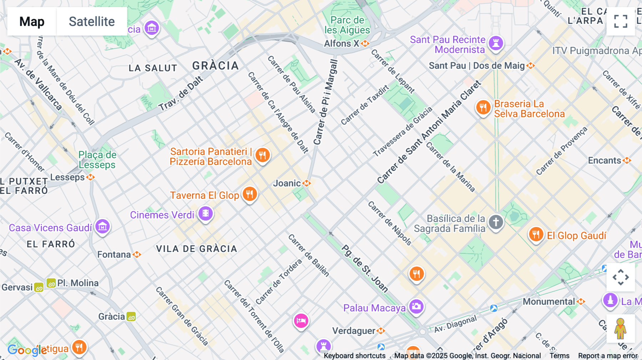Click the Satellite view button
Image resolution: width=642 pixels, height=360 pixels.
[x=92, y=21]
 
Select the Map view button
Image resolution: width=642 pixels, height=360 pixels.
[x=32, y=21]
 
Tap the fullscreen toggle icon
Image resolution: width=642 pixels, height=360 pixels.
[x=621, y=21]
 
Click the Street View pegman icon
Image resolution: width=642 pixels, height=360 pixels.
[x=620, y=329]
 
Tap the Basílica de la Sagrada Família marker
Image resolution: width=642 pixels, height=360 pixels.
[x=496, y=222]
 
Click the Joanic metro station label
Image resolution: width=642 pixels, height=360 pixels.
[x=287, y=183]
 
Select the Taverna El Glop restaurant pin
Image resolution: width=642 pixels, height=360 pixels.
[x=250, y=194]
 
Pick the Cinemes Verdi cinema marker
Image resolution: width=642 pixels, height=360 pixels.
[x=206, y=214]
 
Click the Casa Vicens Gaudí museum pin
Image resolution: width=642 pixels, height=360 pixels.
[x=103, y=226]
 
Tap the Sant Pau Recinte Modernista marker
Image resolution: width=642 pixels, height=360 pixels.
[x=496, y=43]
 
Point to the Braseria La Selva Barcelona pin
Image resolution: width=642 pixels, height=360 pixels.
[x=483, y=107]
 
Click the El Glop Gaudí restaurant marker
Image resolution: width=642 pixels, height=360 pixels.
[x=536, y=235]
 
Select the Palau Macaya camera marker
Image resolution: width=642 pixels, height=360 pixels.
[x=416, y=307]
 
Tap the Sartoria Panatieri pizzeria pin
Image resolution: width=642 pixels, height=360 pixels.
[x=263, y=155]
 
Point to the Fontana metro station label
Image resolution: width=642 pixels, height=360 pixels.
[x=114, y=254]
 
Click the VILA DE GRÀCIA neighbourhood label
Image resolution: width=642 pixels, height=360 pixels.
[x=197, y=249]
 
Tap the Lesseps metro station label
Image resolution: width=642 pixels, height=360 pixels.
[x=67, y=177]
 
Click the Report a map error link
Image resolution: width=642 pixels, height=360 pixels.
[x=607, y=356]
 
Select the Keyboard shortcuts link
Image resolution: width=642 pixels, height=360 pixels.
[x=355, y=356]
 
